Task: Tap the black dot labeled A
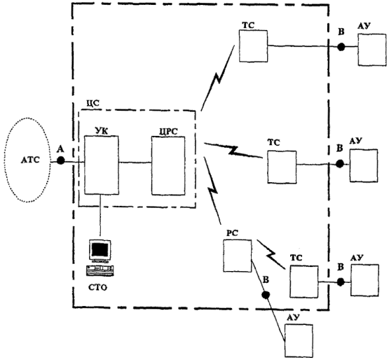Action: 60,160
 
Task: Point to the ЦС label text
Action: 93,103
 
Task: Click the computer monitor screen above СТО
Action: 100,249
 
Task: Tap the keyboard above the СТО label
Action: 100,270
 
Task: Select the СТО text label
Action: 97,288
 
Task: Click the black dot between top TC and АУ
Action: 341,47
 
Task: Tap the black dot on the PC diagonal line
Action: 266,295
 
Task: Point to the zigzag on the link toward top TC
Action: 218,78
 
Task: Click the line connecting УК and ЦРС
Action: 135,162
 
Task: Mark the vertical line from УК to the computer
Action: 100,215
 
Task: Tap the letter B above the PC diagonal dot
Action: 266,279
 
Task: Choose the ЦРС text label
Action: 169,132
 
